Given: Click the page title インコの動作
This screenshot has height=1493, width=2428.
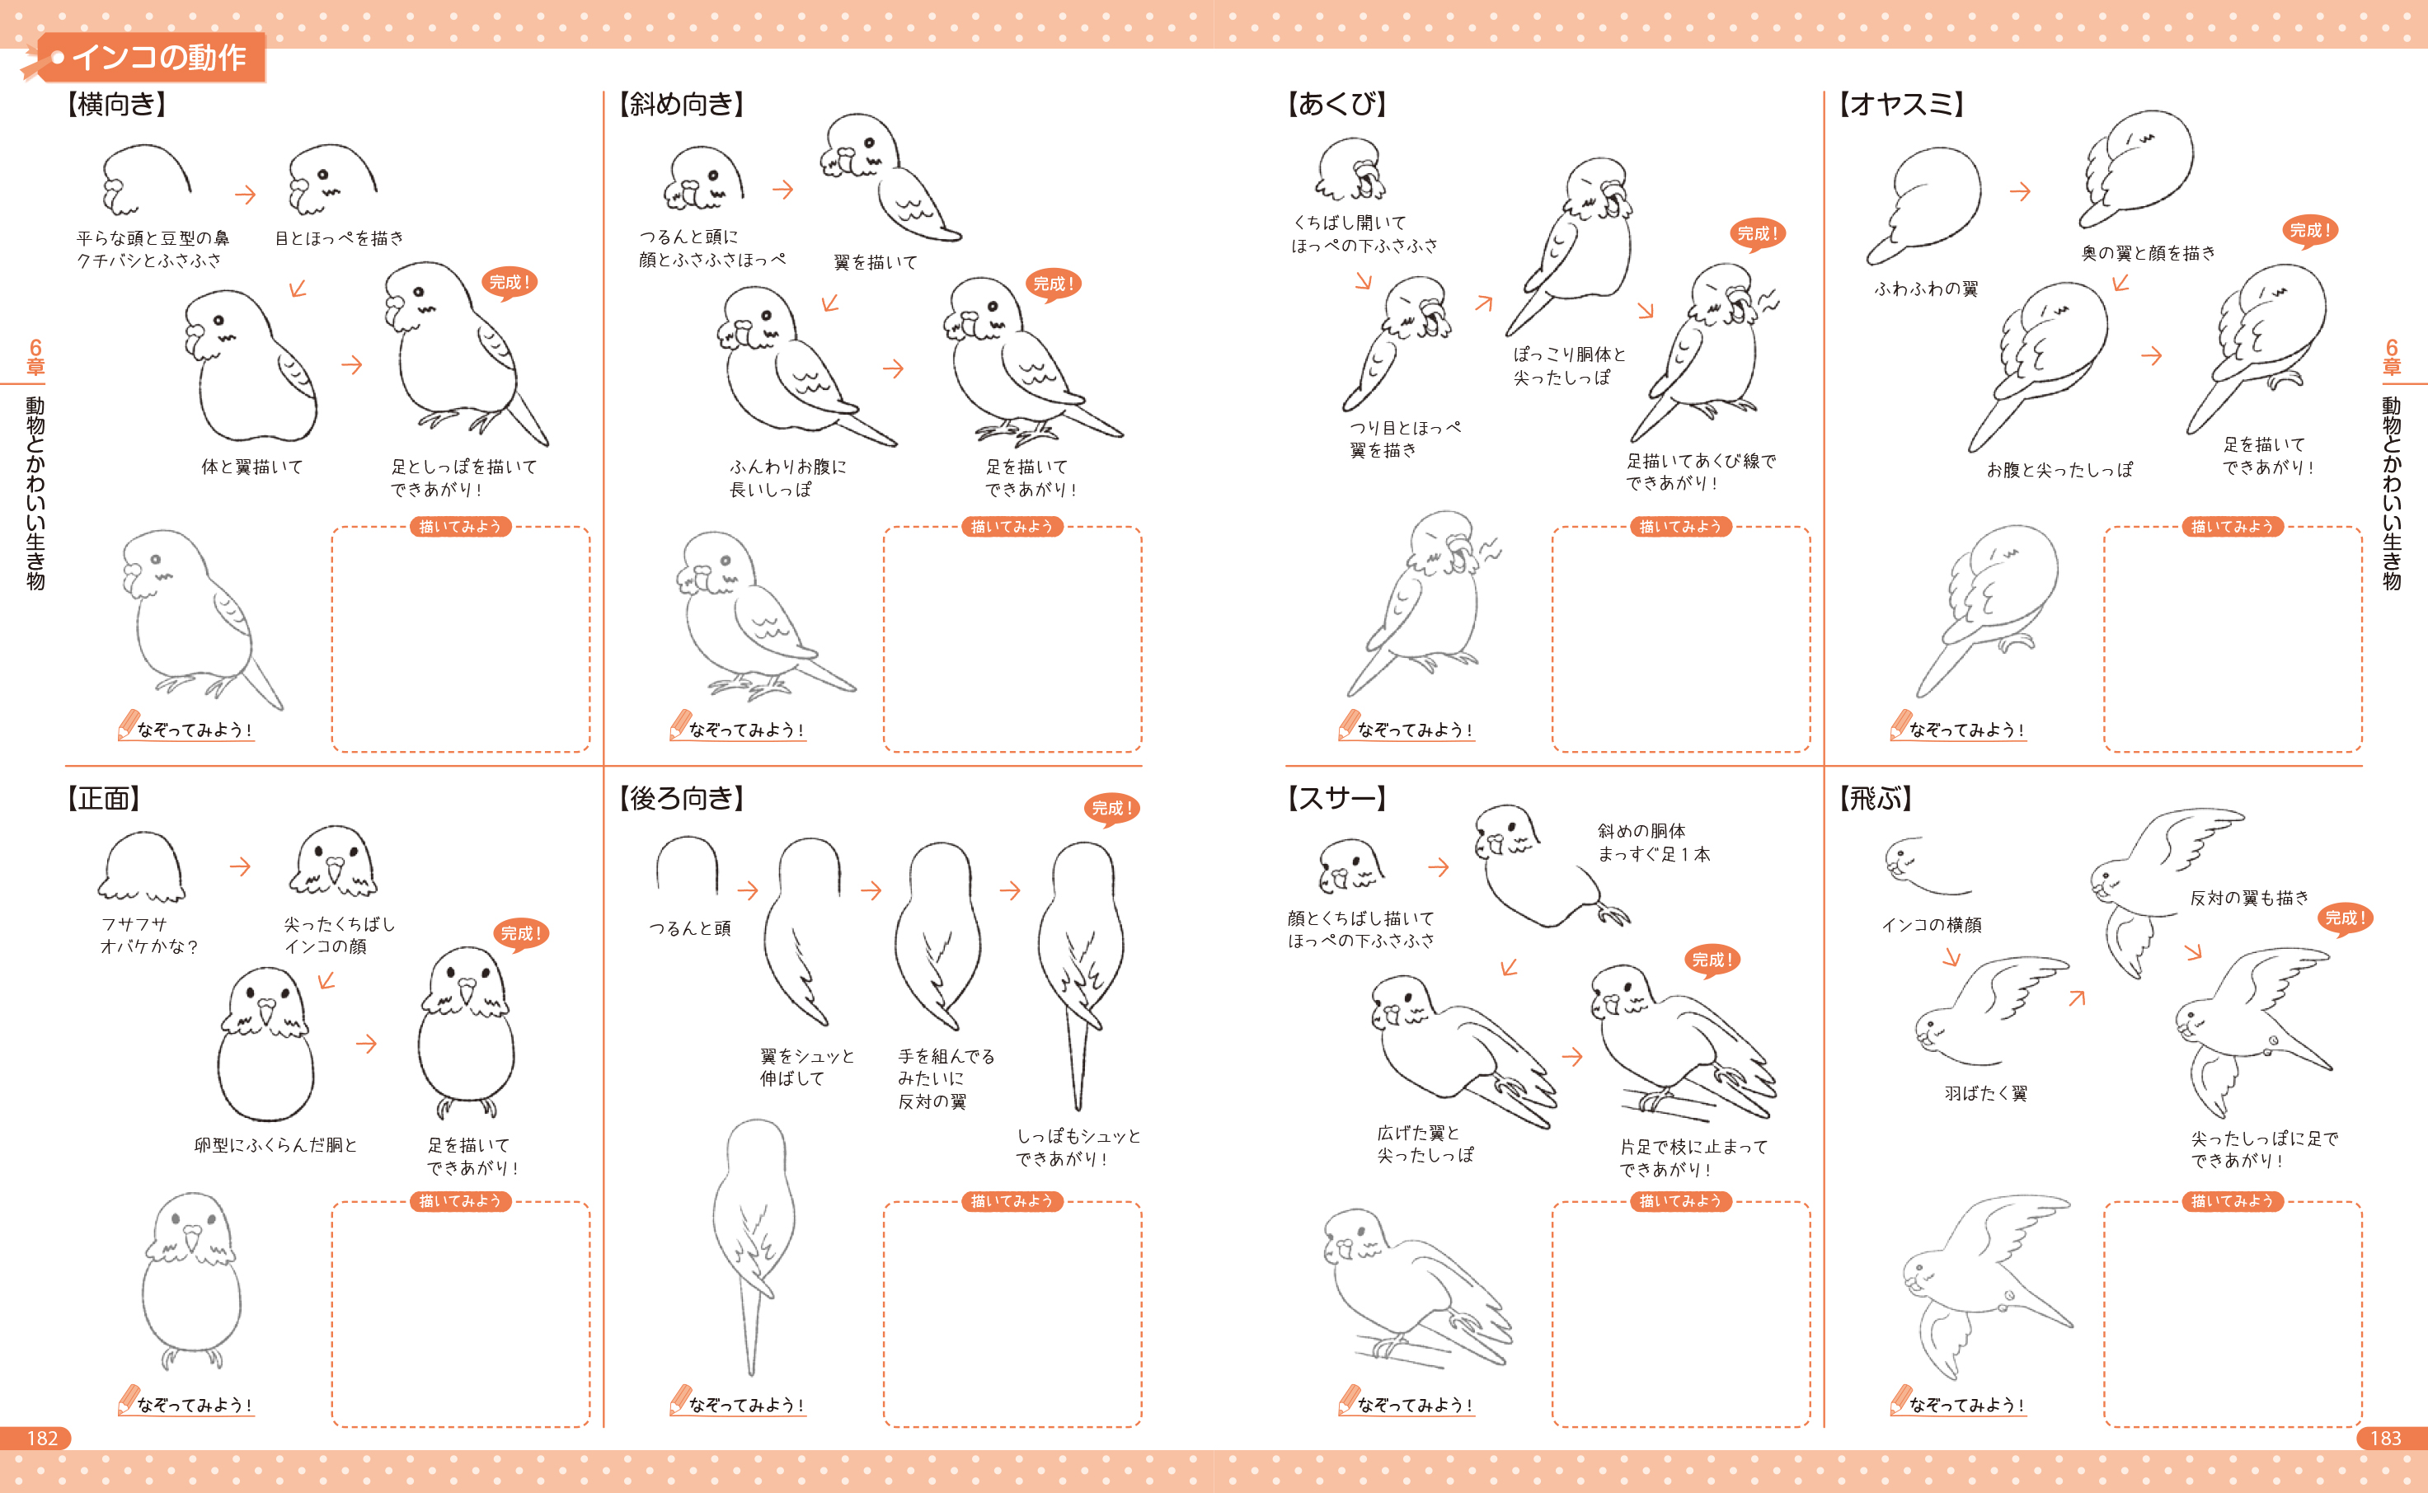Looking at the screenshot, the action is click(159, 57).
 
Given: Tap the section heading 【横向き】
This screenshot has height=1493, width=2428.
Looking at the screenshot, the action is click(115, 104).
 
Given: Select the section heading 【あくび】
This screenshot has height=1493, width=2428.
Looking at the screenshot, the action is click(1337, 104).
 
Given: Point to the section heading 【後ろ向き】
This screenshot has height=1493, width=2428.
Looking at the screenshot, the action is click(681, 798).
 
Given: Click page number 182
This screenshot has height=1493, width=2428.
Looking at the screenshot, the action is click(42, 1438).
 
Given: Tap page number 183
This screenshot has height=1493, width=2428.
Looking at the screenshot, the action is click(2386, 1438).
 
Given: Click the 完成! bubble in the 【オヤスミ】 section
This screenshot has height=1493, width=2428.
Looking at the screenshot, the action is click(2309, 231).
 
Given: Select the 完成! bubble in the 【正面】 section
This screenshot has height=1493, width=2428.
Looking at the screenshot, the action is click(520, 934).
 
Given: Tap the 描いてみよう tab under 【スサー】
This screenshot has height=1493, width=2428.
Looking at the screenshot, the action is click(1680, 1200).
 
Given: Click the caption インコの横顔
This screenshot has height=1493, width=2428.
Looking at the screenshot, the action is click(1932, 925).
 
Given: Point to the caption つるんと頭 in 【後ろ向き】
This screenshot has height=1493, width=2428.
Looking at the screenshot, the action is click(690, 928).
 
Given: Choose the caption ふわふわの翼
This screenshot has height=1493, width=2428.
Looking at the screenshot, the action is click(1927, 289).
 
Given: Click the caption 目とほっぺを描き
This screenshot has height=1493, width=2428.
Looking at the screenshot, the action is click(340, 238).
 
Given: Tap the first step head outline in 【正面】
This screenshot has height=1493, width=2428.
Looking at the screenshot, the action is click(141, 867).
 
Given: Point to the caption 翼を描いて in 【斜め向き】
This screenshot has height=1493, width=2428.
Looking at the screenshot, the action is click(876, 261).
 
